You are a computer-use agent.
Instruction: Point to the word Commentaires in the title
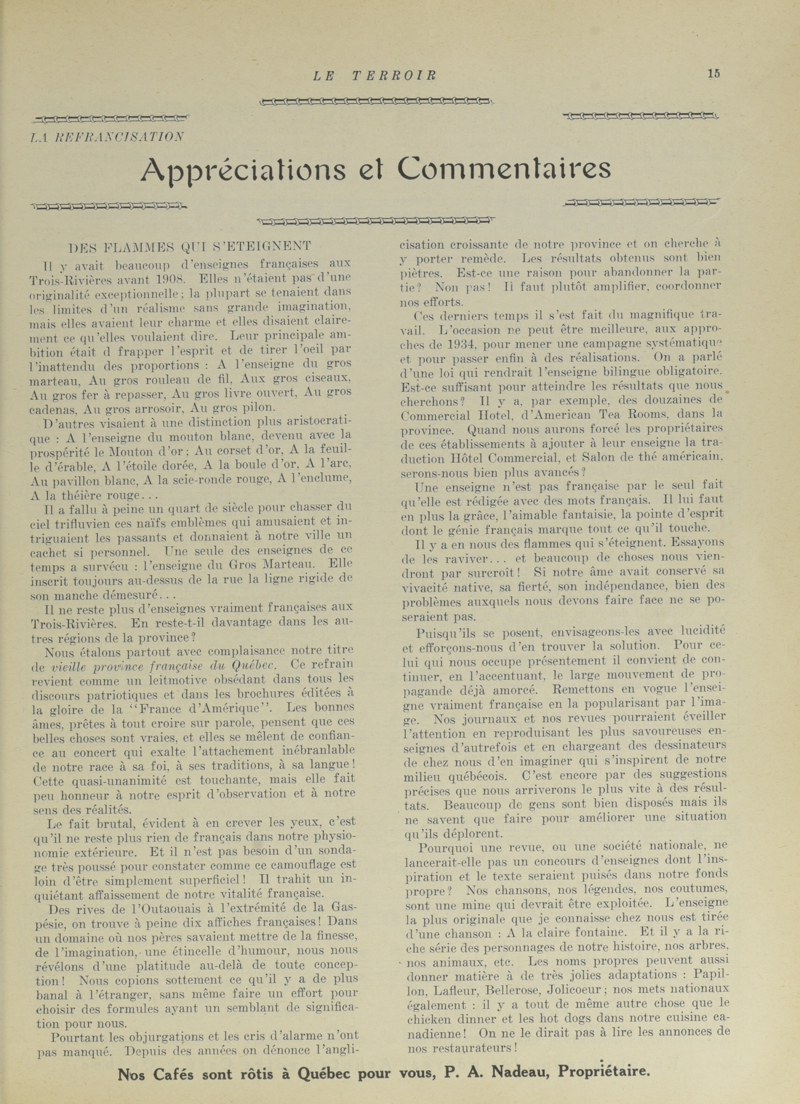(x=505, y=169)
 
